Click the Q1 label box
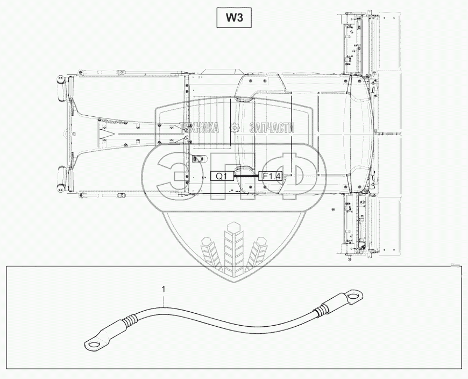pyautogui.click(x=222, y=176)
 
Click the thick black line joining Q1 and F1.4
pyautogui.click(x=246, y=176)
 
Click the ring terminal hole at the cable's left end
pyautogui.click(x=93, y=342)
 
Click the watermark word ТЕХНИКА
pyautogui.click(x=200, y=128)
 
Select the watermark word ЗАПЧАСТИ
pyautogui.click(x=273, y=128)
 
